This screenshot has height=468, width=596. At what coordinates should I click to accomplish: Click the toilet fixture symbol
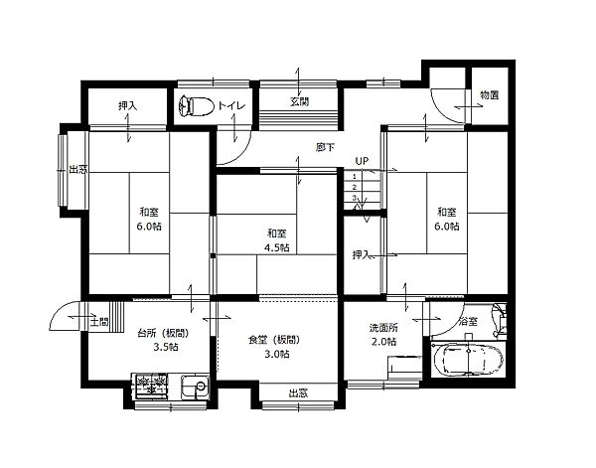click(196, 106)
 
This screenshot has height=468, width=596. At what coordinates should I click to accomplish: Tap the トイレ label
click(231, 105)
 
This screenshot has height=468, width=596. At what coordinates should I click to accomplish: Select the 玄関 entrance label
click(300, 101)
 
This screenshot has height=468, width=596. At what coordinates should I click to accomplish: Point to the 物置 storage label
click(489, 94)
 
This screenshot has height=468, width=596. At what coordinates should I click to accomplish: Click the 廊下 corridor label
click(325, 147)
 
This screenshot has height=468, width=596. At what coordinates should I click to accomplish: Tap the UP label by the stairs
click(362, 161)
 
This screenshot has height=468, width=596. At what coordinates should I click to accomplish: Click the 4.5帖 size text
click(277, 247)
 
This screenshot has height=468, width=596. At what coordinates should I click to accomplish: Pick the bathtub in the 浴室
click(468, 359)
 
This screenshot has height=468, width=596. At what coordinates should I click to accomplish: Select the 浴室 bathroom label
click(468, 322)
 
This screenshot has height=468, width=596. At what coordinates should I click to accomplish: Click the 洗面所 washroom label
click(383, 327)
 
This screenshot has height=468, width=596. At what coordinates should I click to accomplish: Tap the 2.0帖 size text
click(383, 342)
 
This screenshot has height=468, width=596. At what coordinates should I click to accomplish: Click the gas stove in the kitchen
click(151, 386)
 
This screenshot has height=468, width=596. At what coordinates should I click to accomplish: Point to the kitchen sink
click(195, 388)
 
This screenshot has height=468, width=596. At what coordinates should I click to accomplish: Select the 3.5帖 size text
click(166, 347)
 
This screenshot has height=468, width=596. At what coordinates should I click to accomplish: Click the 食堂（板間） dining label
click(274, 340)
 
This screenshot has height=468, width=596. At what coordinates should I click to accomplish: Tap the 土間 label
click(99, 322)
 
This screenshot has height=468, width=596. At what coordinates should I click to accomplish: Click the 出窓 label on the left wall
click(77, 169)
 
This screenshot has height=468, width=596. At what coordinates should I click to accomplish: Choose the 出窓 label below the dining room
click(298, 392)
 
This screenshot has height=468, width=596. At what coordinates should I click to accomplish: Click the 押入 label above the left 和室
click(127, 105)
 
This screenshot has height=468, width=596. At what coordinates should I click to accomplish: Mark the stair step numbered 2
click(355, 187)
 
